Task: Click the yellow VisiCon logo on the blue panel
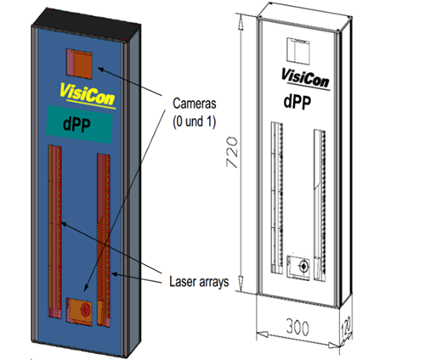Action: point(88,95)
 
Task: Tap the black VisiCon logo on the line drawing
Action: point(306,79)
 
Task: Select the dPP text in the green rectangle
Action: point(76,125)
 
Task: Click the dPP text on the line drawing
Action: point(297,102)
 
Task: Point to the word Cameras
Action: point(195,104)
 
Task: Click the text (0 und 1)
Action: point(195,121)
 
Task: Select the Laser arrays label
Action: point(199,282)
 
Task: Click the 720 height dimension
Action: point(232,152)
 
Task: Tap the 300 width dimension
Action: point(297,327)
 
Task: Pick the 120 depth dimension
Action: point(346,327)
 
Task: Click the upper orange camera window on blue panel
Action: point(79,64)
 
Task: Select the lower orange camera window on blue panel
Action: point(79,312)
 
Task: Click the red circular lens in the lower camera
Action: point(85,310)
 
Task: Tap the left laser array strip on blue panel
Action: point(54,232)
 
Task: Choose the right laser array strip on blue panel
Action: point(104,240)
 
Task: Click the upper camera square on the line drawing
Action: point(298,51)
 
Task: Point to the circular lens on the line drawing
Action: point(303,266)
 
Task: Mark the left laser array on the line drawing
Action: point(277,198)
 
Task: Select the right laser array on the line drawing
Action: point(320,205)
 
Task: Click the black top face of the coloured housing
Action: point(87,25)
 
